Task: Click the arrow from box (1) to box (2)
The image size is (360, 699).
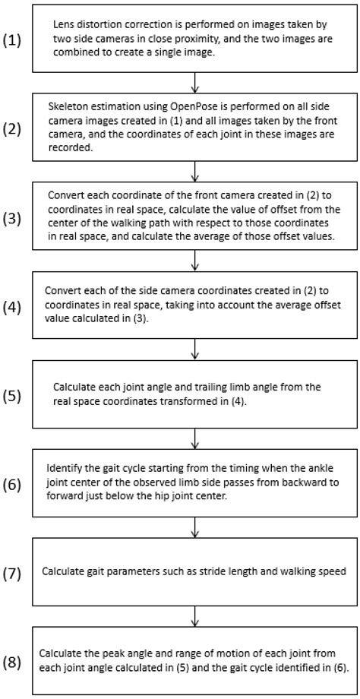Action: pos(196,81)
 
